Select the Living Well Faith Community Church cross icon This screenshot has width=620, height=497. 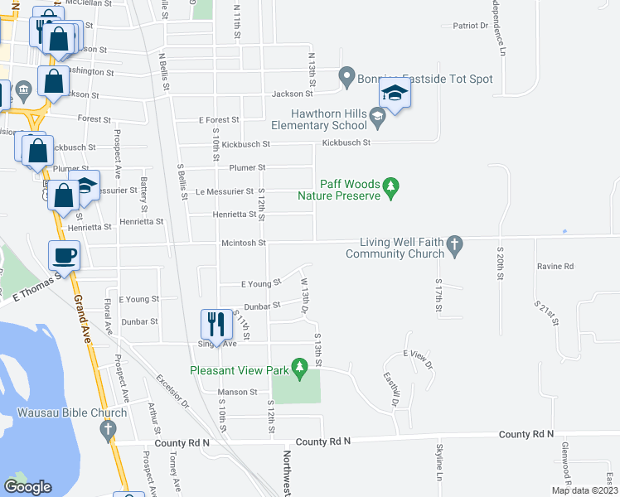pyautogui.click(x=453, y=244)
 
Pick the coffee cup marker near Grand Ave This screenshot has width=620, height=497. pyautogui.click(x=65, y=255)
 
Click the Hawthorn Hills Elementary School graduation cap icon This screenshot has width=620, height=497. pyautogui.click(x=378, y=120)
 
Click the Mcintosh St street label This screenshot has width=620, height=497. pyautogui.click(x=242, y=243)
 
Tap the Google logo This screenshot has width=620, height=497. pyautogui.click(x=28, y=487)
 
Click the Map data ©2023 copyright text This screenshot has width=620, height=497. pyautogui.click(x=585, y=490)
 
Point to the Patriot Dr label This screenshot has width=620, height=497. pyautogui.click(x=471, y=26)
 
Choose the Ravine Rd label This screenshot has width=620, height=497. pyautogui.click(x=555, y=267)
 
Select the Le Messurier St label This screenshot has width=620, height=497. pyautogui.click(x=224, y=191)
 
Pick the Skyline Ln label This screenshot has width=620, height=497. pyautogui.click(x=439, y=462)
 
